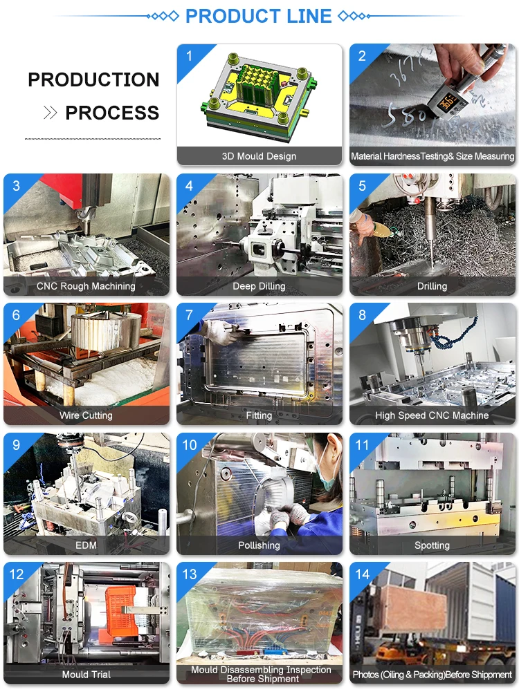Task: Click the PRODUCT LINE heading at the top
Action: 259,16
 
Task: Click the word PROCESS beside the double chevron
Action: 112,113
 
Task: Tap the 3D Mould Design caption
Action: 259,156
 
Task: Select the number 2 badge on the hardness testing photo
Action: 362,56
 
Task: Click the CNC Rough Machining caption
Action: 86,286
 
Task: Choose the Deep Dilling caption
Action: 259,286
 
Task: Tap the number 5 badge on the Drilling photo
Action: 362,185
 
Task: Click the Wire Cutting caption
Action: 86,416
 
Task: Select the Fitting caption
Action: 259,416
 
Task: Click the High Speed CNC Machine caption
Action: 432,416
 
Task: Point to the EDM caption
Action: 86,545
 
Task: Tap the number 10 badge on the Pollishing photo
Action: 190,445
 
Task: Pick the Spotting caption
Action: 432,545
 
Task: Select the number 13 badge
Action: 190,574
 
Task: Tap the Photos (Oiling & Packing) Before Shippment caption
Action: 432,675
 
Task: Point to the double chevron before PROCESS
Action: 51,113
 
